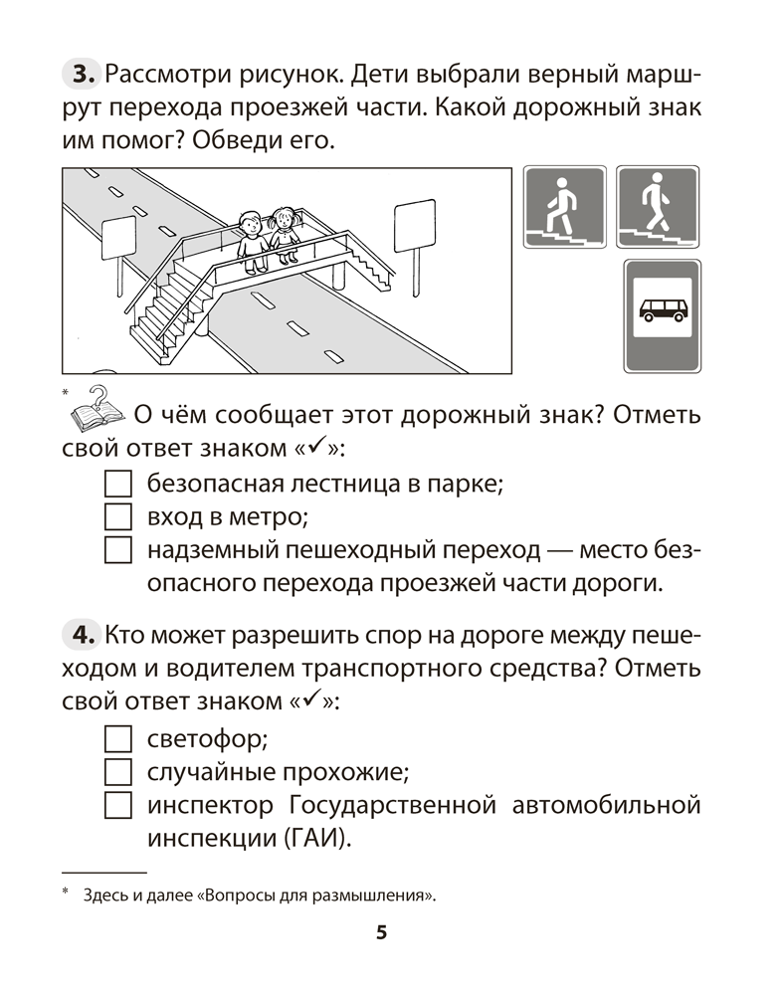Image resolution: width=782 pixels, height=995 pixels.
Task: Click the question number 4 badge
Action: click(81, 634)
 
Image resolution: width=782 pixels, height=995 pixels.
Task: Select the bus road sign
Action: click(662, 316)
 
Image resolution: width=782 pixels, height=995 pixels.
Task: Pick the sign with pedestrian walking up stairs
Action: click(563, 208)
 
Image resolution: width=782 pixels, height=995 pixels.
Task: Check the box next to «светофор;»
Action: click(117, 739)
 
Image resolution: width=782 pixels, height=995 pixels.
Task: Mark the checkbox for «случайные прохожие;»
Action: click(117, 771)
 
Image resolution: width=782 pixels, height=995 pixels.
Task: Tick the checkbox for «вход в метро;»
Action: click(117, 516)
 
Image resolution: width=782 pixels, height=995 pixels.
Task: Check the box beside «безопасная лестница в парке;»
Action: click(117, 485)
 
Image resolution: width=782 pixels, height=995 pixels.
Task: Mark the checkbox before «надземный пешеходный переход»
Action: click(117, 549)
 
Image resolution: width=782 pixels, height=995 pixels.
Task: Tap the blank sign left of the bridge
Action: click(118, 237)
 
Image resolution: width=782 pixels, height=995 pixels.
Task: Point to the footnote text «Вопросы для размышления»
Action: click(317, 895)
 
